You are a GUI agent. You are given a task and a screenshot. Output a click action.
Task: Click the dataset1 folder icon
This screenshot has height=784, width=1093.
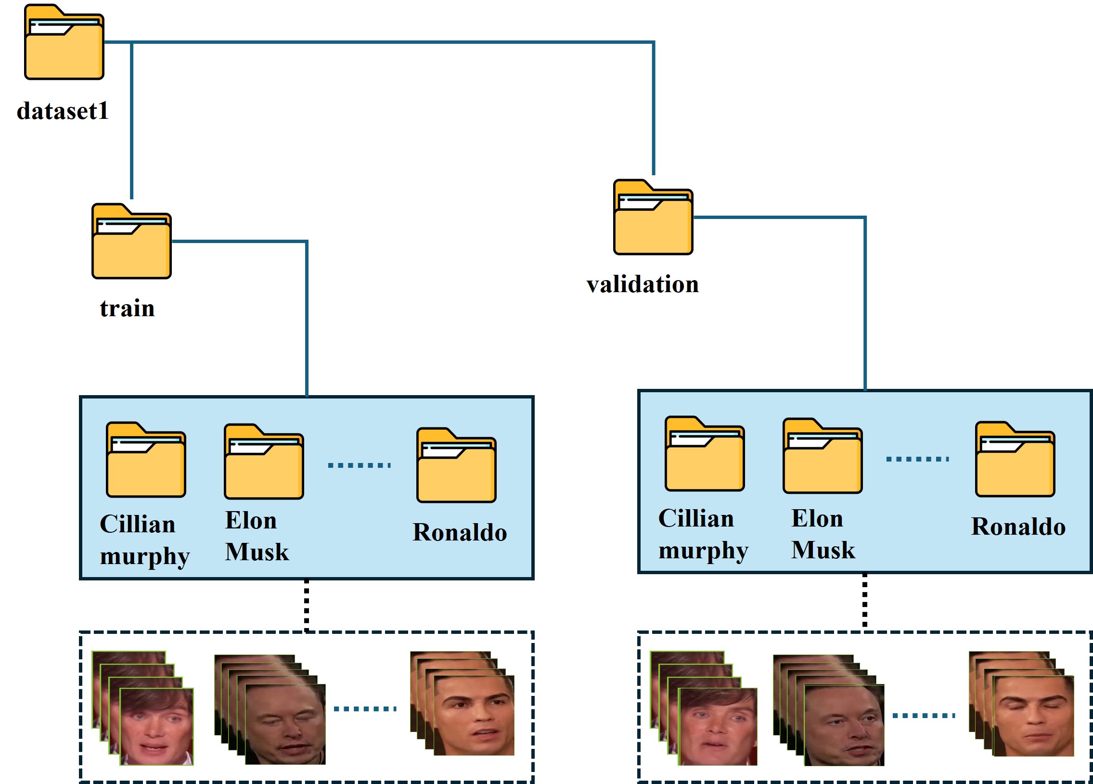click(x=64, y=43)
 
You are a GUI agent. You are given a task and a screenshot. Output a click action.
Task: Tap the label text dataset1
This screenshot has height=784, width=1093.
click(x=63, y=111)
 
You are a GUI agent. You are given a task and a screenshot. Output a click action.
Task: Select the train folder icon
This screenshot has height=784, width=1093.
click(x=131, y=242)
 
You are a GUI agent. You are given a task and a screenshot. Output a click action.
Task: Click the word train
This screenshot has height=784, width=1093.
click(x=127, y=308)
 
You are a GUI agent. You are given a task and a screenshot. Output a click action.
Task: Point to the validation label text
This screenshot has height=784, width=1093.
click(x=643, y=284)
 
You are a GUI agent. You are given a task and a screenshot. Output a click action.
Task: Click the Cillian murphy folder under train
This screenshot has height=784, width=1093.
click(x=145, y=461)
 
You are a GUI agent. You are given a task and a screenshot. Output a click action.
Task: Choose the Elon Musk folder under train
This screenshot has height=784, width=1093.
click(x=264, y=463)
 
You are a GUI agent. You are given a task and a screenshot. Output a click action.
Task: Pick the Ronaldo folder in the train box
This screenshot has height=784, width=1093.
click(x=456, y=466)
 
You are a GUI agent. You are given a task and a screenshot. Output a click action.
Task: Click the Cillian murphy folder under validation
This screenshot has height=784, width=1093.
click(x=705, y=455)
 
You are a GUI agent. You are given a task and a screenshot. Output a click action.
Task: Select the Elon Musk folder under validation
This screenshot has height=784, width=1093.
click(x=823, y=457)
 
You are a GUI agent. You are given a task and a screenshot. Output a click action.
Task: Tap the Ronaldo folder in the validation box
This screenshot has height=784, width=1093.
click(x=1015, y=460)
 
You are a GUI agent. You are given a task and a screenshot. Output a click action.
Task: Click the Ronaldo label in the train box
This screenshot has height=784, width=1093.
click(x=460, y=532)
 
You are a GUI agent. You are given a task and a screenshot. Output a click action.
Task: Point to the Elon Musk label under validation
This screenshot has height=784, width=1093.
click(x=823, y=534)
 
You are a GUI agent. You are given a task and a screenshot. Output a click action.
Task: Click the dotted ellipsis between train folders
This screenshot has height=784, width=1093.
click(x=359, y=465)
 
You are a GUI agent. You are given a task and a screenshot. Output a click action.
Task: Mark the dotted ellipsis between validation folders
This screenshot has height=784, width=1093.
click(x=918, y=459)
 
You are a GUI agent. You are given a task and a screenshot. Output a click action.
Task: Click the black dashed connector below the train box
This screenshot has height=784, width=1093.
click(x=307, y=605)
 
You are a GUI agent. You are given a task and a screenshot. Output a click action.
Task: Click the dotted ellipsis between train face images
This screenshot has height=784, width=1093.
click(x=365, y=709)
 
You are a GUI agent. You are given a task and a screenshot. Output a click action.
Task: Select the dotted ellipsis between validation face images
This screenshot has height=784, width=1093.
click(x=924, y=716)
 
